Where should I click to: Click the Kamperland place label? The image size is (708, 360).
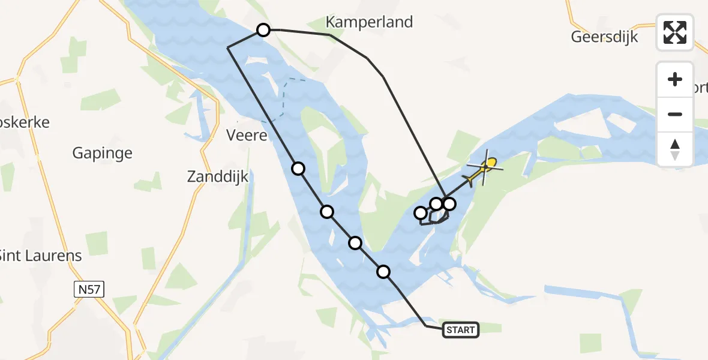pos(369,22)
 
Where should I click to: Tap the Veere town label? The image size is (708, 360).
pos(247,136)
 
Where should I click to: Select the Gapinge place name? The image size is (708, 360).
pos(102,153)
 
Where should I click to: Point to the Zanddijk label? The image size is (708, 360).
pos(218,177)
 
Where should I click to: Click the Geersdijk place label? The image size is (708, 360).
pos(604,37)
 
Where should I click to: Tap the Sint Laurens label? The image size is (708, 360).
pos(40,256)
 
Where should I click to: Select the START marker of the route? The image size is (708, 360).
pos(461,329)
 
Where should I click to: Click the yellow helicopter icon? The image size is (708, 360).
pos(484,168)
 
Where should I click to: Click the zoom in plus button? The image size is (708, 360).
pos(675,79)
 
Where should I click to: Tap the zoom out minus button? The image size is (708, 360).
pos(675,114)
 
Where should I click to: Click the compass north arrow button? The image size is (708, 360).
pos(675,149)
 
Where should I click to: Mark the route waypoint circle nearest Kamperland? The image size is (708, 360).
pos(263,29)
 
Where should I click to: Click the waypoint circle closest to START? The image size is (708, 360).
pos(383,272)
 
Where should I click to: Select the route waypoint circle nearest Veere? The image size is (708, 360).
pos(298,169)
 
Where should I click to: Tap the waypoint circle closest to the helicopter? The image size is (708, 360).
pos(449,204)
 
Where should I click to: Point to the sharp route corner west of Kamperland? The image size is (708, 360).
pos(227,47)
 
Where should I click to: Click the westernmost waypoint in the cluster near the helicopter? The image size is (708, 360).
pos(421,213)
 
